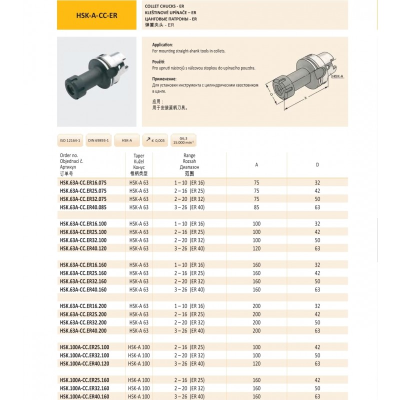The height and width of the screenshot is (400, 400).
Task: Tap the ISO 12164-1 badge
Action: (x=70, y=140)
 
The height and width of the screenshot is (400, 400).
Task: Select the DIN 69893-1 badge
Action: (x=98, y=140)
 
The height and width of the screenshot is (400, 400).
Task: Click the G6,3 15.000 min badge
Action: (x=183, y=140)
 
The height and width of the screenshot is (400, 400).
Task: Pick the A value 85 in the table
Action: (x=256, y=207)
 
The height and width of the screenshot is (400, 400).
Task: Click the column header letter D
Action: (x=317, y=164)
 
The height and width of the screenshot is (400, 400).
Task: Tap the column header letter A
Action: (x=256, y=164)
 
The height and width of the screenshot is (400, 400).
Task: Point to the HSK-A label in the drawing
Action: (x=337, y=76)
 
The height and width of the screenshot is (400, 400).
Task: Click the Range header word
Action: (x=189, y=155)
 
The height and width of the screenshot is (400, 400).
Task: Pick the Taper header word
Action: (x=138, y=155)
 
